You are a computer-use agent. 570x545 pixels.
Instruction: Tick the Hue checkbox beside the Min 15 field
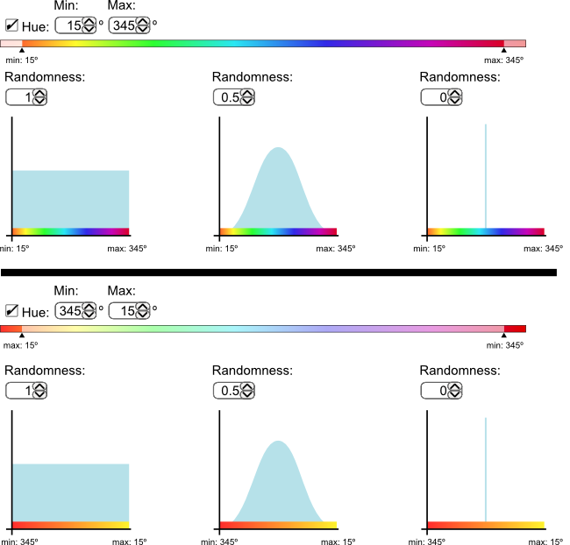pos(11,25)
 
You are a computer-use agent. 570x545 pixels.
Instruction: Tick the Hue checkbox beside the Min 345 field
pos(11,310)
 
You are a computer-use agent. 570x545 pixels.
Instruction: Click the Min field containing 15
pos(69,25)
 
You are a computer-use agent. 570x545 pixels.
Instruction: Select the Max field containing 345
pos(124,25)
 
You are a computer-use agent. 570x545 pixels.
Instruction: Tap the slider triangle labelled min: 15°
pos(22,51)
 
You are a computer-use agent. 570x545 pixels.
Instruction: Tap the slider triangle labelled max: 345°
pos(503,51)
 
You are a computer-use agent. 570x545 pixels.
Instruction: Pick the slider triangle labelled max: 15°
pos(22,336)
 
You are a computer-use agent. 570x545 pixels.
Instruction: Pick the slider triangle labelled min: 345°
pos(504,336)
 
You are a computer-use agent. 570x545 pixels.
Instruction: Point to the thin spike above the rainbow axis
pos(486,175)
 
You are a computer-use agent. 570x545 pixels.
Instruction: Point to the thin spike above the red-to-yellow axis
pos(486,469)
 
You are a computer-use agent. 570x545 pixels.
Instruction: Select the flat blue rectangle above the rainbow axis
pos(70,199)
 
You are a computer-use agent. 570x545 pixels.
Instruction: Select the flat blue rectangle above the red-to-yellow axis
pos(70,492)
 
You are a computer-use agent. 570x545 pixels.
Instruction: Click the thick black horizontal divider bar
pos(279,272)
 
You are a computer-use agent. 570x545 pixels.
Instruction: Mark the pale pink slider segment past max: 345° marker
pos(515,43)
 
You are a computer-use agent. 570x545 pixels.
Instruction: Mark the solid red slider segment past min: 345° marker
pos(515,328)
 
